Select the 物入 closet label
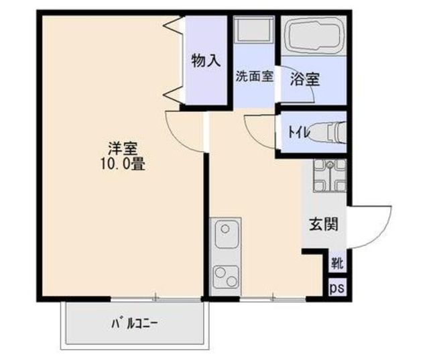(206, 60)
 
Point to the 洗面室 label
(254, 76)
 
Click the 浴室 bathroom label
(304, 79)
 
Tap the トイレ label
(299, 132)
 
